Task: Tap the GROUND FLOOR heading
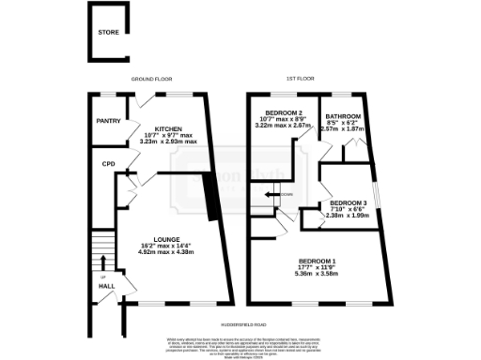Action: pyautogui.click(x=148, y=80)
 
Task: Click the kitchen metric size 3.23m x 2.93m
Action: pyautogui.click(x=168, y=142)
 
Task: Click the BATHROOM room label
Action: pyautogui.click(x=343, y=115)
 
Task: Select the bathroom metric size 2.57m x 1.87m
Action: pyautogui.click(x=343, y=129)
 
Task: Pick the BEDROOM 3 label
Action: pyautogui.click(x=348, y=202)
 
